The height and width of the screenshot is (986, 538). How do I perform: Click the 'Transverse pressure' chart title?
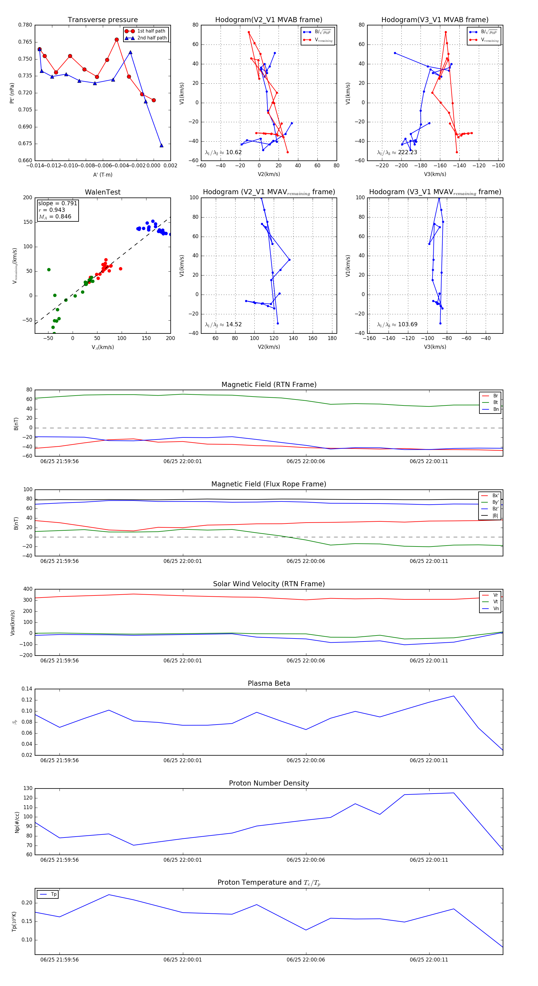(103, 20)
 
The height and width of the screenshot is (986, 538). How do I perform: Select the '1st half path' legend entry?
(151, 31)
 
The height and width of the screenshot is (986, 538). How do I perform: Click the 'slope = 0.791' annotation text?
(57, 203)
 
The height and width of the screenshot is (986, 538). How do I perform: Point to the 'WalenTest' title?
(103, 192)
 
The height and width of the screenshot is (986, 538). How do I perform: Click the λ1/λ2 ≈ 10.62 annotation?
(223, 152)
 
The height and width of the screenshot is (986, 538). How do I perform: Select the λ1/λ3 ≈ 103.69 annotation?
(397, 324)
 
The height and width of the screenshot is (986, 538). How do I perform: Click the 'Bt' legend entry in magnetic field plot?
(495, 402)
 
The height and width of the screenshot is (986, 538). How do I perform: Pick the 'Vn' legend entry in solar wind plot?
(496, 609)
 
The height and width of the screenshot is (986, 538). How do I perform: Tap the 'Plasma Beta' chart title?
(269, 684)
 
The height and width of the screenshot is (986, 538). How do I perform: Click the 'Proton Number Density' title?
(269, 783)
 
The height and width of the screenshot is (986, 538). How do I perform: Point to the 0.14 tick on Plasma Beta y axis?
(27, 689)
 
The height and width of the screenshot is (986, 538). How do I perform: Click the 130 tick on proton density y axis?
(28, 789)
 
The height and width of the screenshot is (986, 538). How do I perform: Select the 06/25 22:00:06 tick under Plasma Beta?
(305, 760)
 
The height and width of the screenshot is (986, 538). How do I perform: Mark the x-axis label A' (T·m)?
(103, 174)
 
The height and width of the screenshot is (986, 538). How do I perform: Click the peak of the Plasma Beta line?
(454, 696)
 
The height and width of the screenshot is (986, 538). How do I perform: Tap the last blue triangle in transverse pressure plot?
(161, 146)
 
